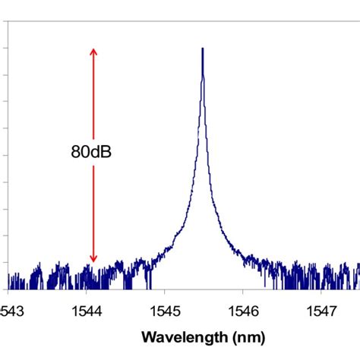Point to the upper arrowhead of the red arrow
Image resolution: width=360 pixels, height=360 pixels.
pyautogui.click(x=93, y=50)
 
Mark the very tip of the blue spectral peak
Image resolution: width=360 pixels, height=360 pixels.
pyautogui.click(x=203, y=49)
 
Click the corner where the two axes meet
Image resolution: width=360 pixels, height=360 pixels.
pyautogui.click(x=8, y=289)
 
